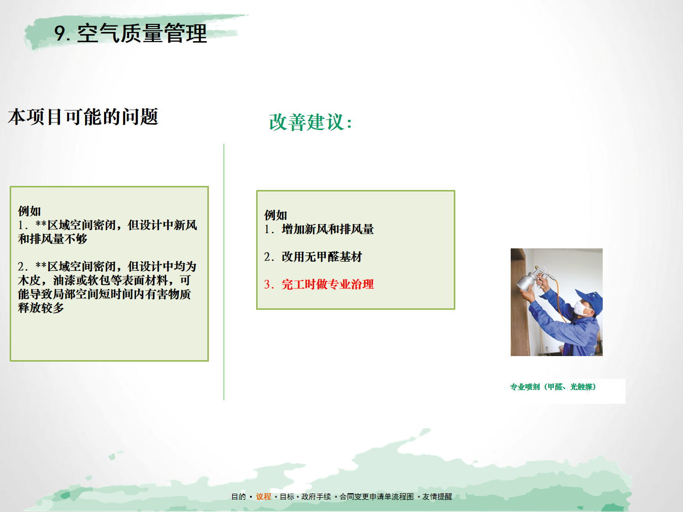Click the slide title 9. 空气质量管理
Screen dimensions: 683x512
131,33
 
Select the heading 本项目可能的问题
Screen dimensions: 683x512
83,117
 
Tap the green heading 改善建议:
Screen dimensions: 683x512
310,122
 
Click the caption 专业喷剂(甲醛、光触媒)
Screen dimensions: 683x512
553,387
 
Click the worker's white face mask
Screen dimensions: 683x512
581,308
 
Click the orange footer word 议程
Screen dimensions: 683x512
263,497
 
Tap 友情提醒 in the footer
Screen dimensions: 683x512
437,497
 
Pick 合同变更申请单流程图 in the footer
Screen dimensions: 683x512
377,497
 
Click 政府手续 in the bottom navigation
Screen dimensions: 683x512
316,497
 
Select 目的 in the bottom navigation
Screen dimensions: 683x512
239,497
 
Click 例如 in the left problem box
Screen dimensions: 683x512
29,211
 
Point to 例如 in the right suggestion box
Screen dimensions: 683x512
275,215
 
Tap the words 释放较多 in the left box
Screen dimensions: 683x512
41,308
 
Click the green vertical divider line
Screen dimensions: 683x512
224,272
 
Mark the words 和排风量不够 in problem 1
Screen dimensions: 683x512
52,239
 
